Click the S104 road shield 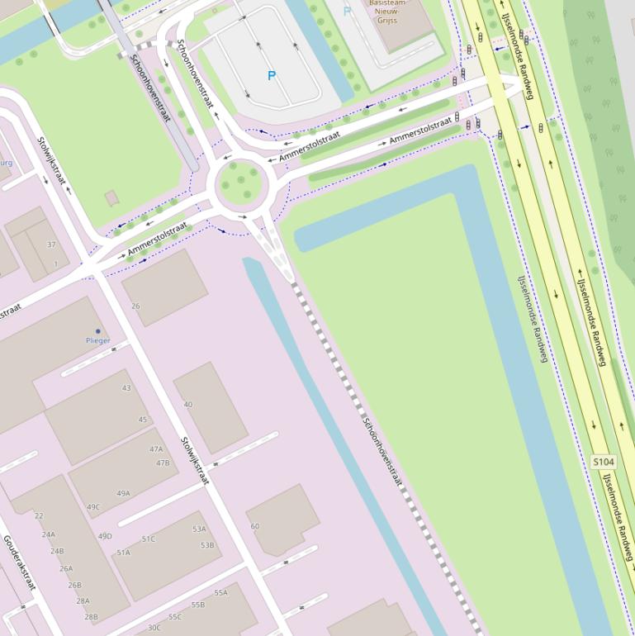click(604, 462)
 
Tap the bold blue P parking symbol click(271, 76)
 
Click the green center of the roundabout click(243, 183)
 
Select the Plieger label click(97, 340)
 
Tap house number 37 click(52, 244)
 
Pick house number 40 click(188, 405)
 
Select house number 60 click(254, 526)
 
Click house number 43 click(126, 388)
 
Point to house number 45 click(143, 420)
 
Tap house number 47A click(156, 449)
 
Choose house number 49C click(93, 507)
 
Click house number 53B click(206, 545)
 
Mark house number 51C click(149, 539)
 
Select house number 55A click(220, 593)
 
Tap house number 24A click(49, 534)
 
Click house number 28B click(91, 616)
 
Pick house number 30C click(154, 628)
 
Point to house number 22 click(39, 516)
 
